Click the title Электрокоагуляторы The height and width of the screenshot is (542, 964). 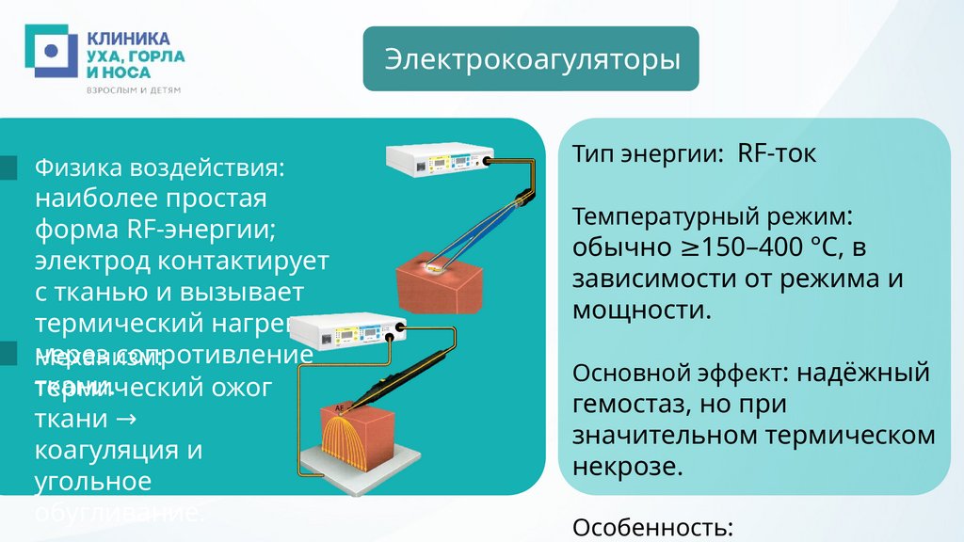[x=531, y=59]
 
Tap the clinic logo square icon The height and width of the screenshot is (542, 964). [x=50, y=51]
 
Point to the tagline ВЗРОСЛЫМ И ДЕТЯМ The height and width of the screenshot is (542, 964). [x=133, y=90]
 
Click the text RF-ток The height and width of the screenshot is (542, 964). [x=777, y=154]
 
